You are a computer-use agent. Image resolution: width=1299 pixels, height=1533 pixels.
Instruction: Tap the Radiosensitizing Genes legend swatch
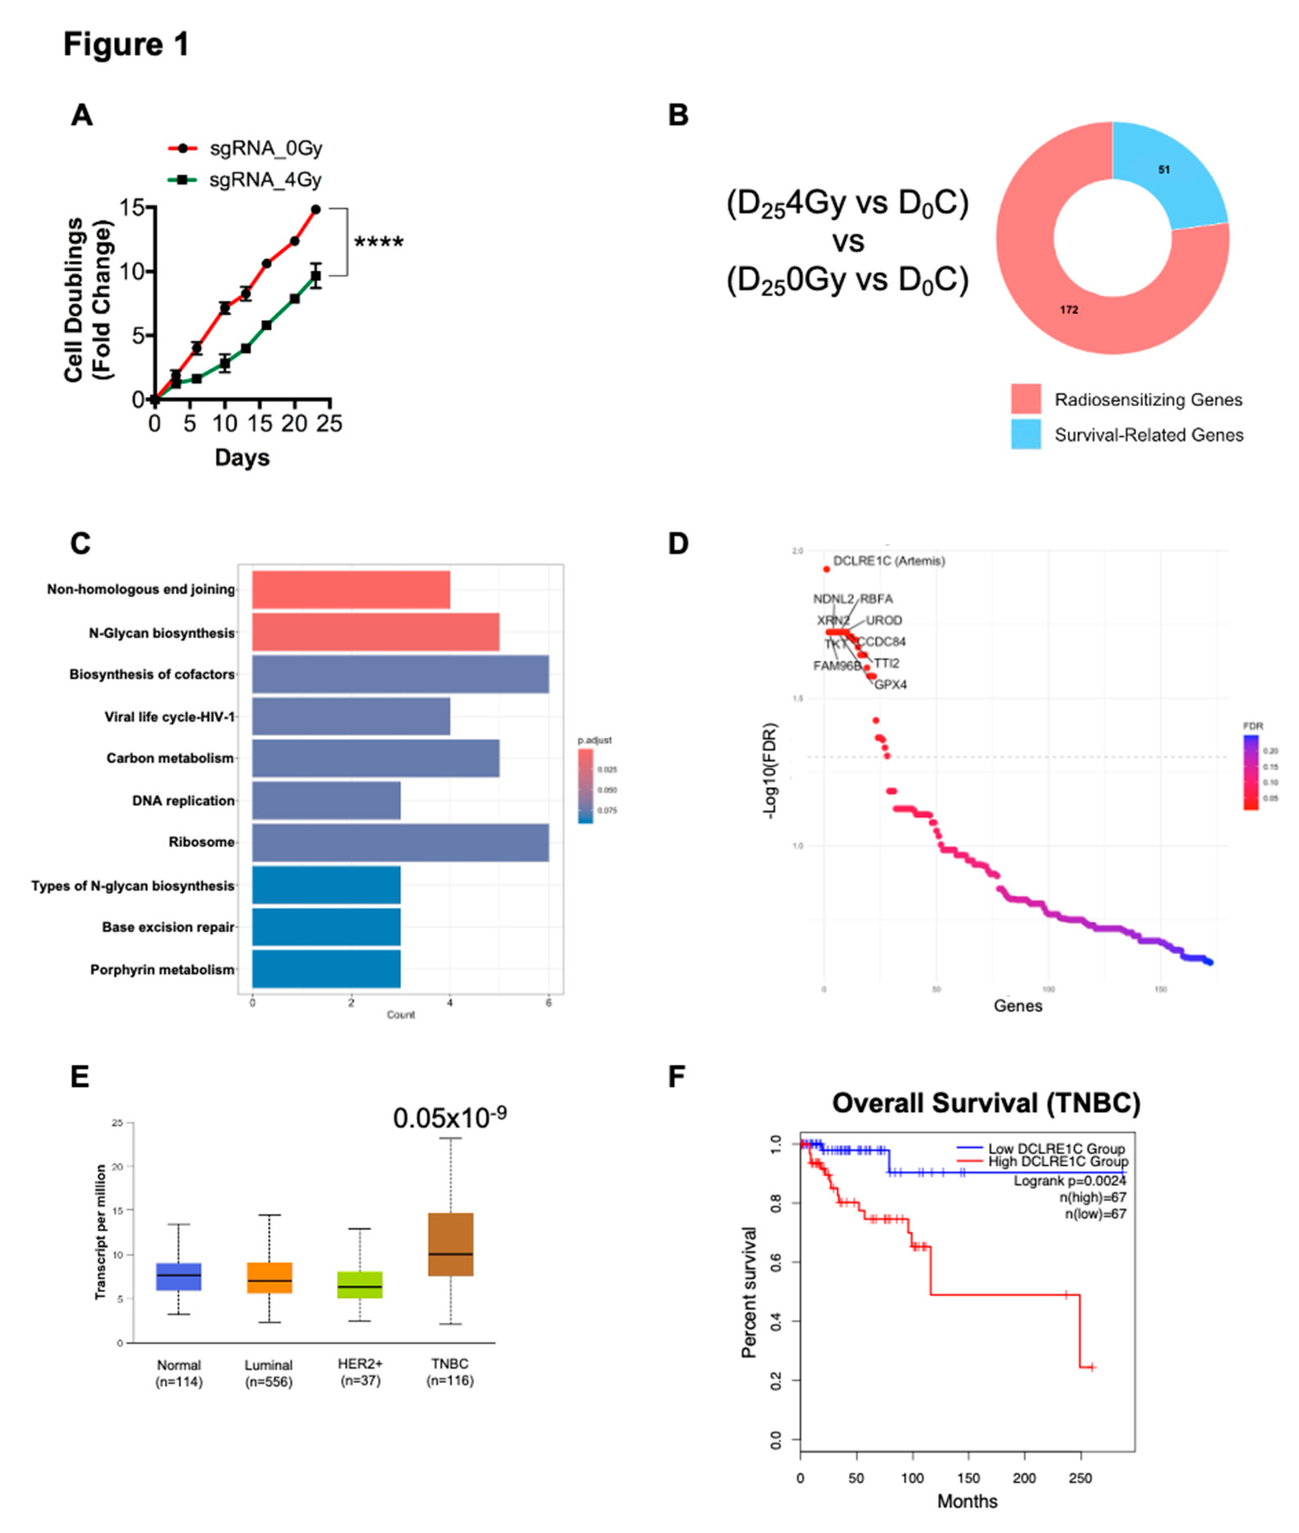point(1026,399)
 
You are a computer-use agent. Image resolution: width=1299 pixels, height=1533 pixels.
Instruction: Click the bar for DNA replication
point(326,800)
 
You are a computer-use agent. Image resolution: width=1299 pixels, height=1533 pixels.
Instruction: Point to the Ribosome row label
point(201,842)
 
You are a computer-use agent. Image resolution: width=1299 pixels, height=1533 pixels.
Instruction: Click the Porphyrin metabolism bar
point(326,969)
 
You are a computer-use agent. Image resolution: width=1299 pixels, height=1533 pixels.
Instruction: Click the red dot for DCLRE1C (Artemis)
point(826,569)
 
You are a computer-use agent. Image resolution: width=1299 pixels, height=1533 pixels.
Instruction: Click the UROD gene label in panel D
point(884,620)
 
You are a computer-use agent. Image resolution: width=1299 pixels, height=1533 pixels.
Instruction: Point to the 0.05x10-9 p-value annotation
point(449,1117)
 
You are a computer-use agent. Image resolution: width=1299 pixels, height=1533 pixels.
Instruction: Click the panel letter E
point(79,1077)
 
